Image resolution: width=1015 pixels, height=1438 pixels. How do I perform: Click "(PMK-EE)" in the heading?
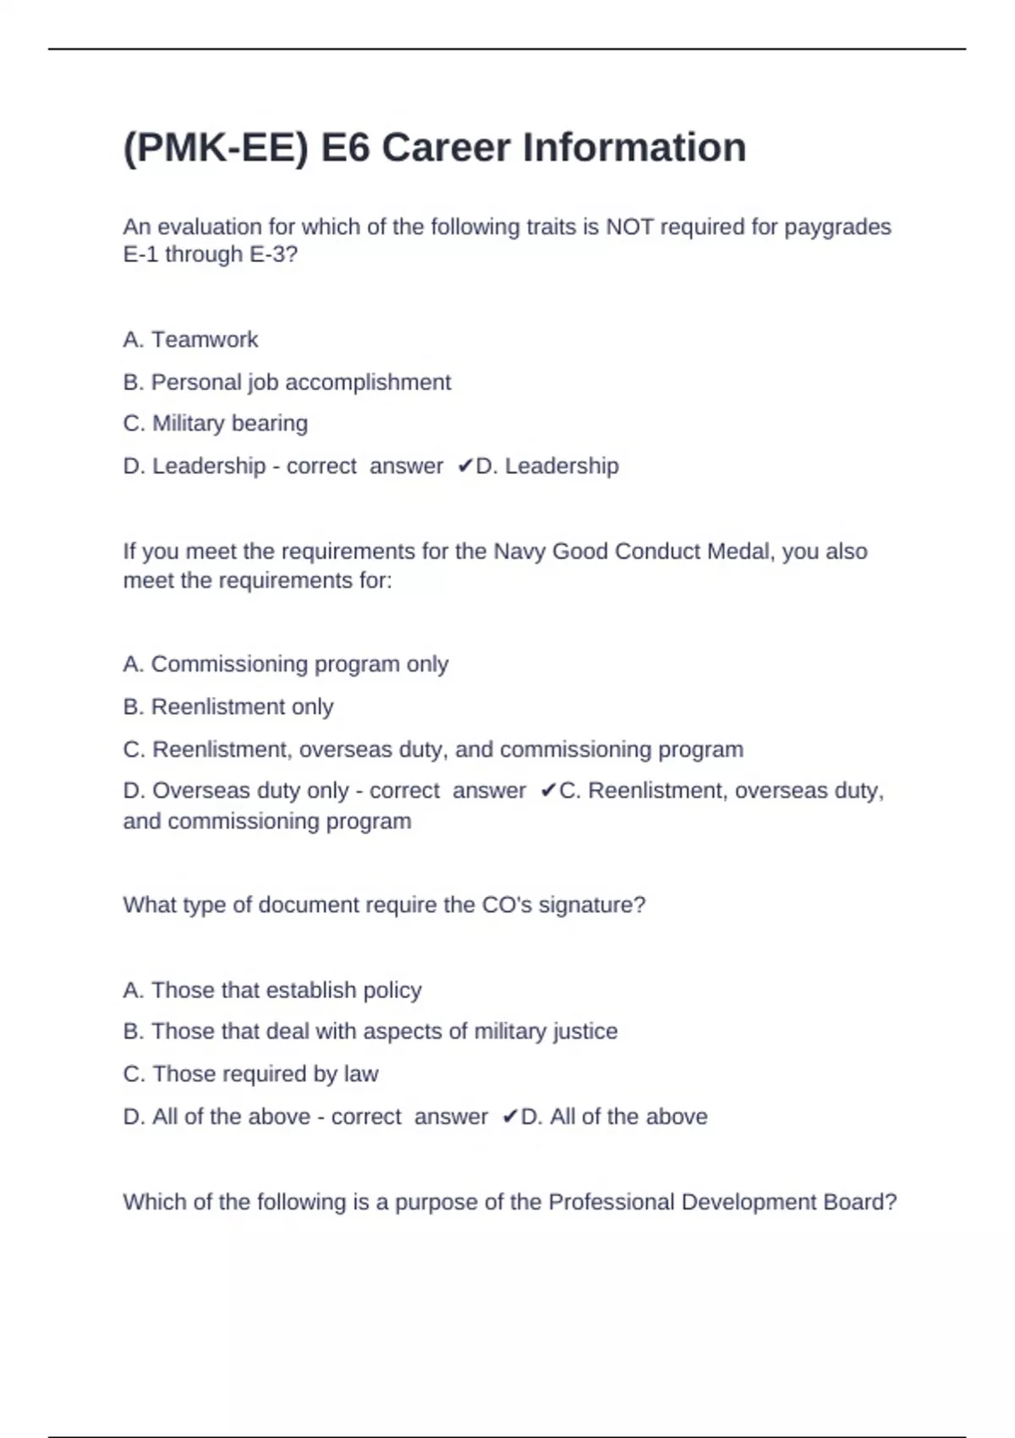coord(216,148)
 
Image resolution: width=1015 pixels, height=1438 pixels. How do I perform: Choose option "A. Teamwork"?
coord(190,339)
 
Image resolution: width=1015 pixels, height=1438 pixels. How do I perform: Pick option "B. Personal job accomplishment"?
coord(287,382)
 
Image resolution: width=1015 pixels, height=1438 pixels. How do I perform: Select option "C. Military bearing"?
coord(215,423)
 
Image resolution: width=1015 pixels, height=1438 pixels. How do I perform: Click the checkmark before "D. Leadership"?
coord(464,466)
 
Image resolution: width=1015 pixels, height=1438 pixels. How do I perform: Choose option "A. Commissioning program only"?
coord(285,664)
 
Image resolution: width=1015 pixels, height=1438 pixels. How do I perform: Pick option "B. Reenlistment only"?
coord(228,706)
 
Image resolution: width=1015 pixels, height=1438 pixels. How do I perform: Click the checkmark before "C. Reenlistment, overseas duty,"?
coord(548,791)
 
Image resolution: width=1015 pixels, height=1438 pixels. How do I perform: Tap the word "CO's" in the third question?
coord(507,905)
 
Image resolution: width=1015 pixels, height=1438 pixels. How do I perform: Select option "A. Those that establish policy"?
coord(272,990)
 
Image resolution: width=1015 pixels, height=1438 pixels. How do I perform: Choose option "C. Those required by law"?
coord(250,1074)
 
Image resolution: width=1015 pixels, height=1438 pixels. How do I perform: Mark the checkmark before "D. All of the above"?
coord(509,1117)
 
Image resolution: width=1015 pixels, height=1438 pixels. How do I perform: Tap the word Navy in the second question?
coord(519,552)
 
